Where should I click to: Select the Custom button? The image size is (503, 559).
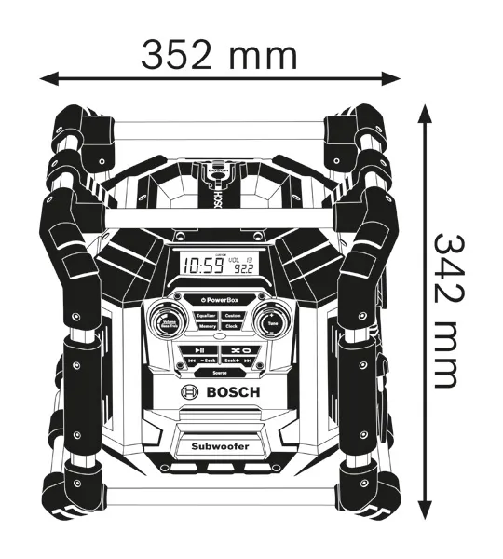(x=232, y=315)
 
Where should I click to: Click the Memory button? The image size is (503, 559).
(x=206, y=327)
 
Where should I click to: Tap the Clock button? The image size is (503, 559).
(x=232, y=327)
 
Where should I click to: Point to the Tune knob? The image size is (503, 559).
(x=271, y=322)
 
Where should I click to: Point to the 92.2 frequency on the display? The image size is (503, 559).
(x=245, y=269)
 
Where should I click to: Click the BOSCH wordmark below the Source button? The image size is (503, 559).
(x=231, y=393)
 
